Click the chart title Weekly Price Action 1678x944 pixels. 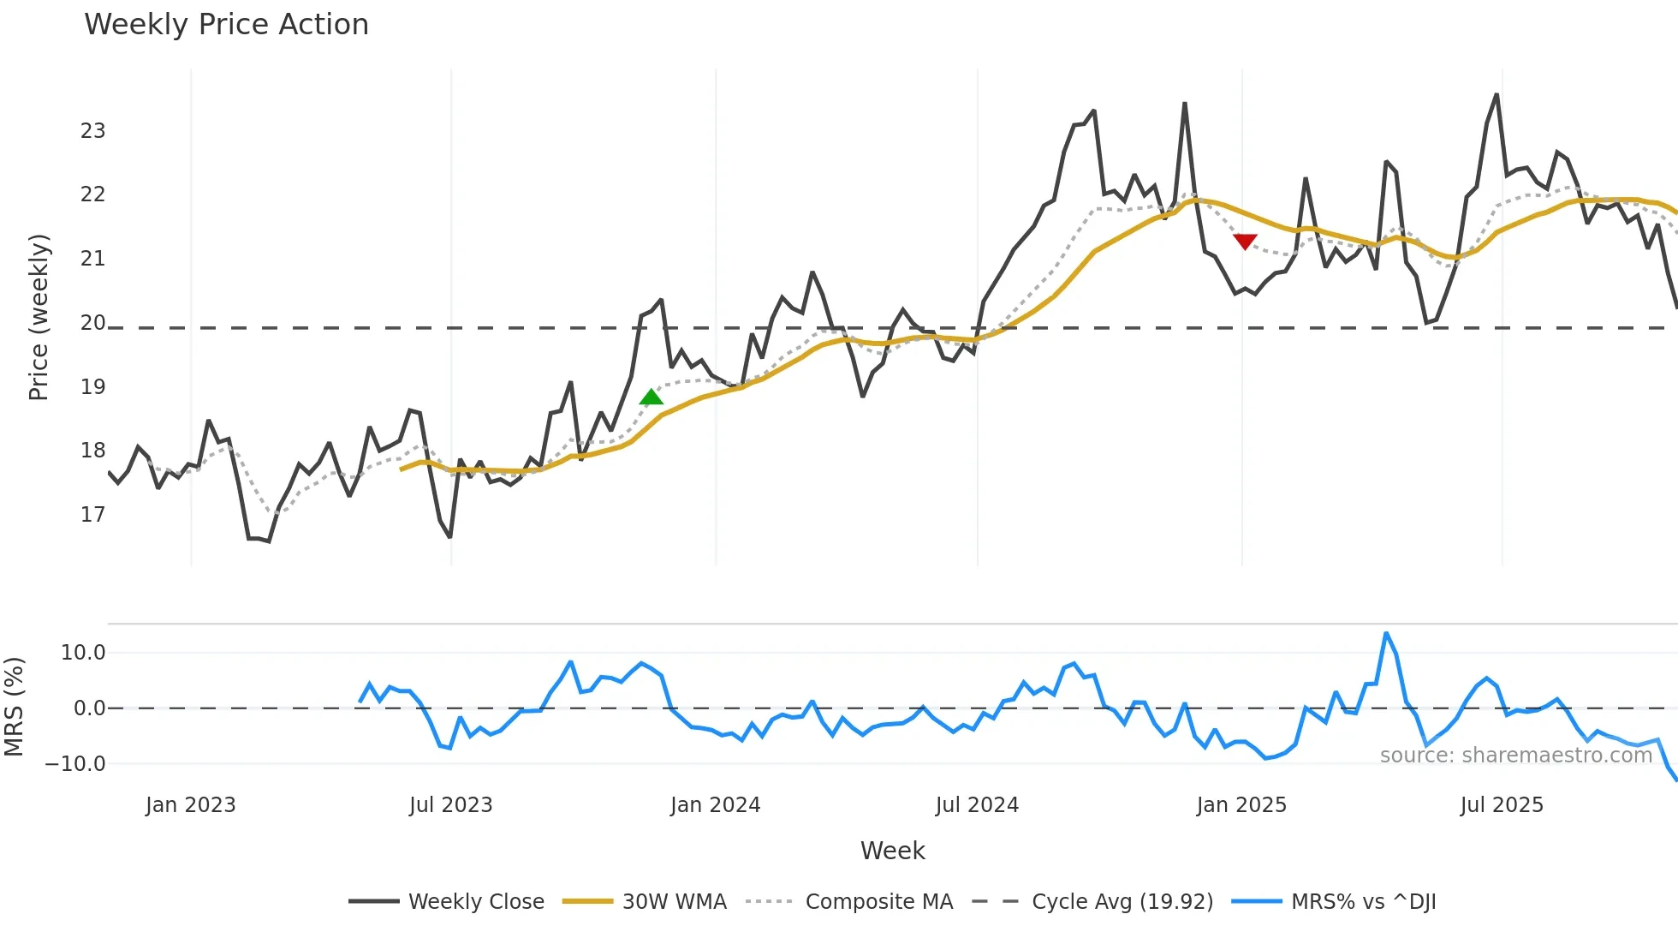click(x=226, y=25)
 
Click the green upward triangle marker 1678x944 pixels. click(x=652, y=397)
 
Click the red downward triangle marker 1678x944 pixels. click(x=1245, y=242)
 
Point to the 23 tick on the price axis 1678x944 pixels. click(x=92, y=131)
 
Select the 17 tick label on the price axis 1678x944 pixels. click(x=92, y=515)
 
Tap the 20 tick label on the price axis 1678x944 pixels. click(x=92, y=323)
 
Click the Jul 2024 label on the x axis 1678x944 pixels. click(x=977, y=805)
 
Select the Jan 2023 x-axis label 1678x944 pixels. click(x=190, y=805)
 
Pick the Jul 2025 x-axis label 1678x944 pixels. click(x=1502, y=805)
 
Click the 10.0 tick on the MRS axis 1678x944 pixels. click(x=83, y=653)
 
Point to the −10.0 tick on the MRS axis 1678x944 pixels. click(x=75, y=764)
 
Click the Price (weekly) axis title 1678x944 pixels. click(x=39, y=317)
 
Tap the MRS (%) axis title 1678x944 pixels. click(x=15, y=707)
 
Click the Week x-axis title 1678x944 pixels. click(x=892, y=851)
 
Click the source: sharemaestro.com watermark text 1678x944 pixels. click(x=1515, y=756)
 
